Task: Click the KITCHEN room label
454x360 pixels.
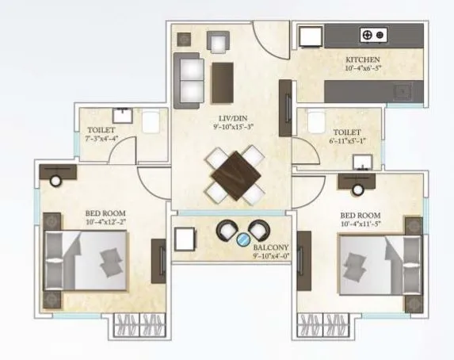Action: coord(363,60)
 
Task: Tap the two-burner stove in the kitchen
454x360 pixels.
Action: coord(371,34)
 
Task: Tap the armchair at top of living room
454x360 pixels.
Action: coord(217,41)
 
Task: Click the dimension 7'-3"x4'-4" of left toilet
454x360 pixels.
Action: coord(101,138)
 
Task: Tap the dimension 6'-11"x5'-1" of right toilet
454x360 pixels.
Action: coord(347,141)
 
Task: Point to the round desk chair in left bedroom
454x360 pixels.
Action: coord(55,181)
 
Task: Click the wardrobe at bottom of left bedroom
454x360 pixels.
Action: coord(139,325)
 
